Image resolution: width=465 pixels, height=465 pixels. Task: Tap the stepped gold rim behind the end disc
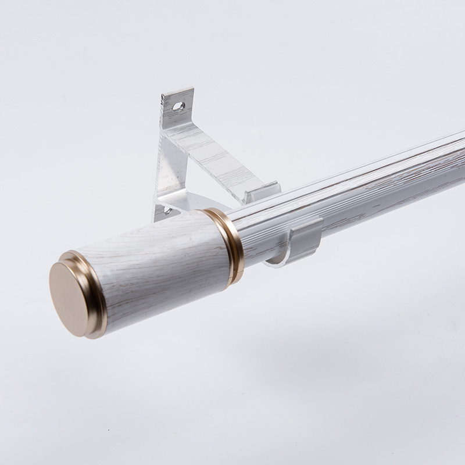[93, 291]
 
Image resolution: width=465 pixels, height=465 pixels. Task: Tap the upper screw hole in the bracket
[178, 106]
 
